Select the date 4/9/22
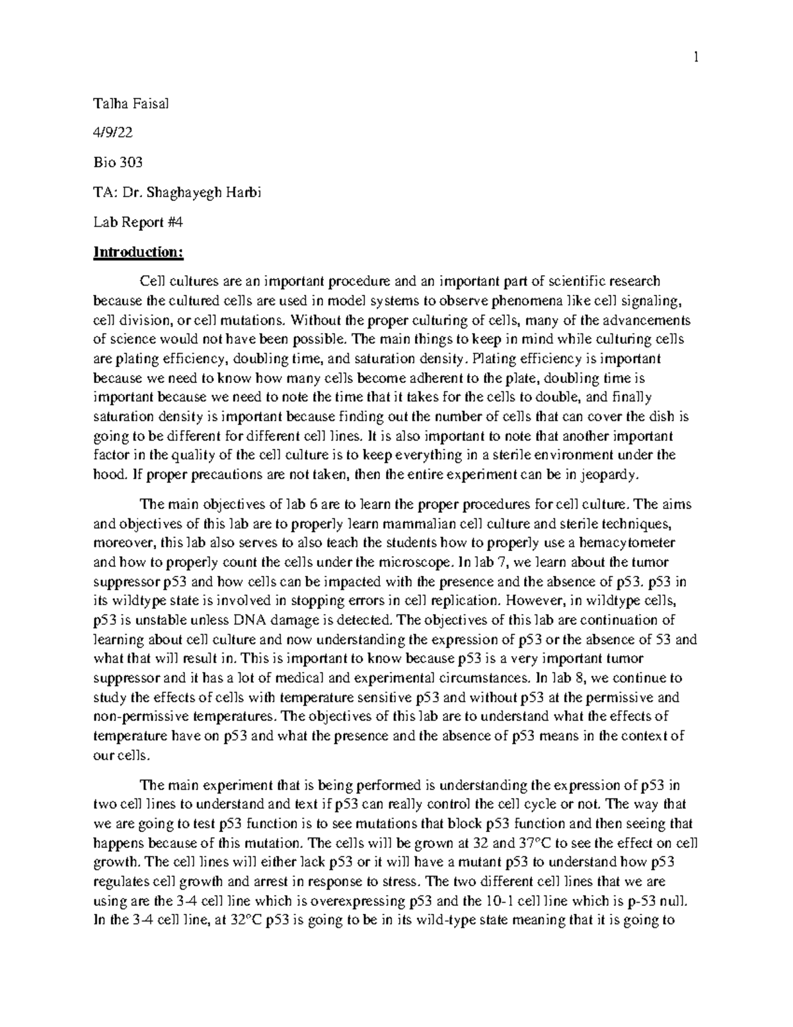(x=113, y=133)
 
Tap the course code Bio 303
(x=118, y=163)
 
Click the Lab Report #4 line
(x=137, y=222)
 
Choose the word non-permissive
(x=141, y=716)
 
